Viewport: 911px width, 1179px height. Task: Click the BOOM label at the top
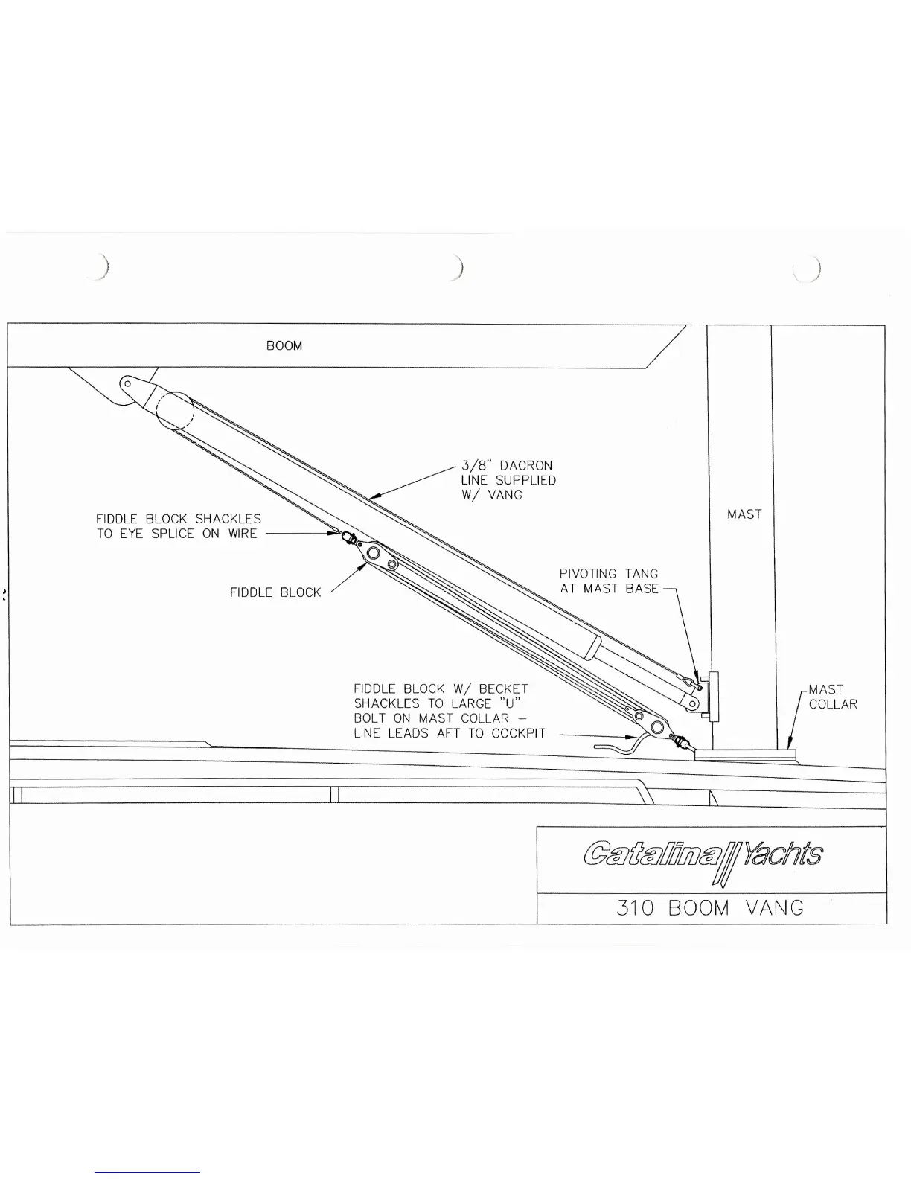pyautogui.click(x=284, y=346)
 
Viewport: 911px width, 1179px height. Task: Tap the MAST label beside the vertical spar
pyautogui.click(x=744, y=514)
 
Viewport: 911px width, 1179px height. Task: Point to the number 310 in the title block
pyautogui.click(x=636, y=908)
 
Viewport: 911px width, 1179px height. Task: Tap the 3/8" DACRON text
pyautogui.click(x=507, y=466)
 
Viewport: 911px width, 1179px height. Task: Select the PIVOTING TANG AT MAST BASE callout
pyautogui.click(x=609, y=581)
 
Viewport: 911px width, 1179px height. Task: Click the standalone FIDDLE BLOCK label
pyautogui.click(x=275, y=593)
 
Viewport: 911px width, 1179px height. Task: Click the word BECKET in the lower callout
pyautogui.click(x=503, y=689)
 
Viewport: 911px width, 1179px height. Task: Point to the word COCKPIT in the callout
pyautogui.click(x=519, y=734)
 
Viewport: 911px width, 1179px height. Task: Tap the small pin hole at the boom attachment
pyautogui.click(x=128, y=384)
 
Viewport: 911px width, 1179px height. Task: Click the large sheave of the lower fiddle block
pyautogui.click(x=657, y=727)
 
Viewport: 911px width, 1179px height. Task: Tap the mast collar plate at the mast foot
pyautogui.click(x=744, y=755)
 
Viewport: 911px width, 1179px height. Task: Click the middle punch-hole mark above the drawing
pyautogui.click(x=459, y=266)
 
